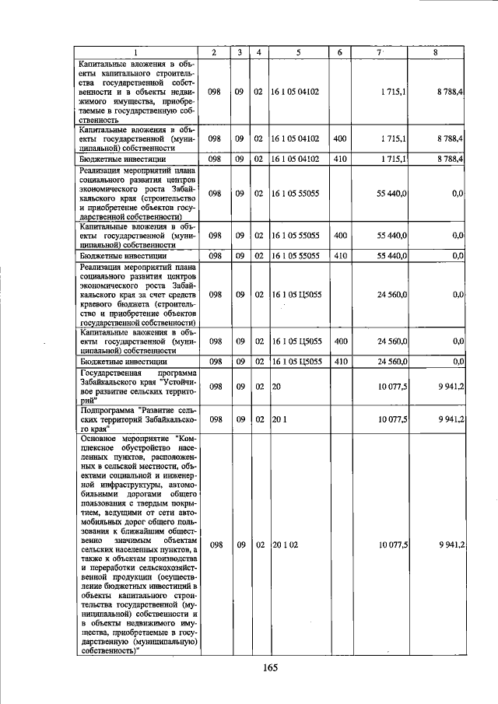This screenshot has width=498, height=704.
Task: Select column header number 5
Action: point(298,52)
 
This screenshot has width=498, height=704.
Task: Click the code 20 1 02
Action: point(285,545)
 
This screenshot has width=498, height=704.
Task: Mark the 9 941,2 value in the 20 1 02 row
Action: point(451,545)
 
